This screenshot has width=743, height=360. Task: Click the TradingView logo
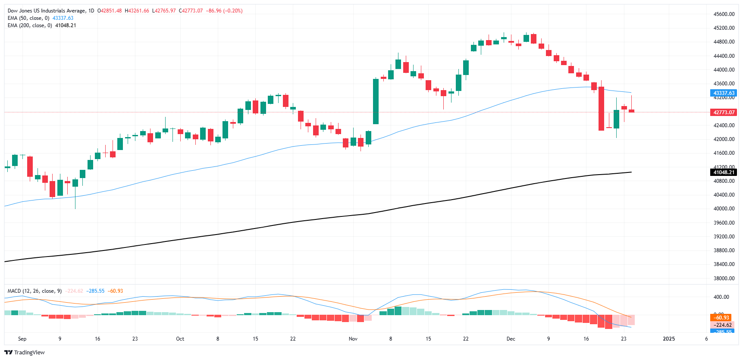point(25,352)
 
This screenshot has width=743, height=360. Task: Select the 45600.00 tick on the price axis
point(724,14)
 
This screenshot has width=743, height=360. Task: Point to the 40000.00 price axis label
point(724,209)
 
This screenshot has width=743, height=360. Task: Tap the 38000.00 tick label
point(724,279)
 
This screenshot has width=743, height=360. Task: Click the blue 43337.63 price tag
point(723,93)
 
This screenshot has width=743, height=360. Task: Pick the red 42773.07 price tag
point(723,113)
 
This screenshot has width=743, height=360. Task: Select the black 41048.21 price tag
point(723,172)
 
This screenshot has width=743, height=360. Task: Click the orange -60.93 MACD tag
point(721,318)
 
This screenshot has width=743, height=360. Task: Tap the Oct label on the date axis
point(180,339)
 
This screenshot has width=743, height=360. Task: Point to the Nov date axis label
point(353,339)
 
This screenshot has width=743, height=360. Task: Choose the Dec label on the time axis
point(511,339)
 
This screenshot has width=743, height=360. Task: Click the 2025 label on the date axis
point(668,339)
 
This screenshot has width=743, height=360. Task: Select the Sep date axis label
point(22,339)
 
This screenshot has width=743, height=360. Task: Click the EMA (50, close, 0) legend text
point(28,18)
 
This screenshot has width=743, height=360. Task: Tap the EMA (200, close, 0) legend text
point(30,25)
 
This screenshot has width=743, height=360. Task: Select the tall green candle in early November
point(376,101)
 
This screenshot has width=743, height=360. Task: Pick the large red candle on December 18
point(601,109)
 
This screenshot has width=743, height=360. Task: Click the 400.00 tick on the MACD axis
point(721,297)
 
